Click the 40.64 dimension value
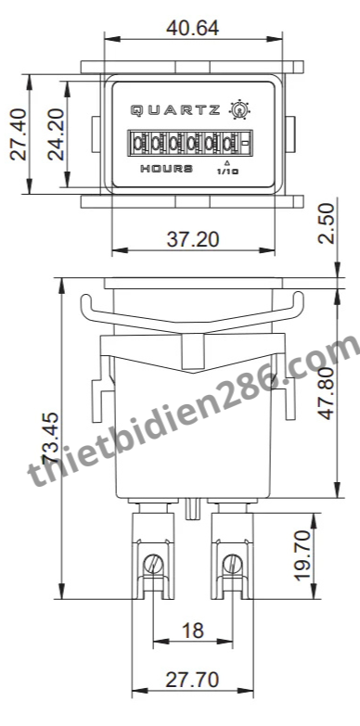[x=192, y=28]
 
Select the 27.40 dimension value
[x=19, y=134]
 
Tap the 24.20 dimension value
[x=57, y=134]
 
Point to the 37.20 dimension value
[x=193, y=239]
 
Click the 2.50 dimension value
[x=327, y=223]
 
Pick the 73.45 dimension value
[x=50, y=438]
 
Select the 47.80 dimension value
[x=328, y=394]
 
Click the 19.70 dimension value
[x=302, y=555]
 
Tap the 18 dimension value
[x=193, y=630]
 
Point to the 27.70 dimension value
[x=192, y=680]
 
